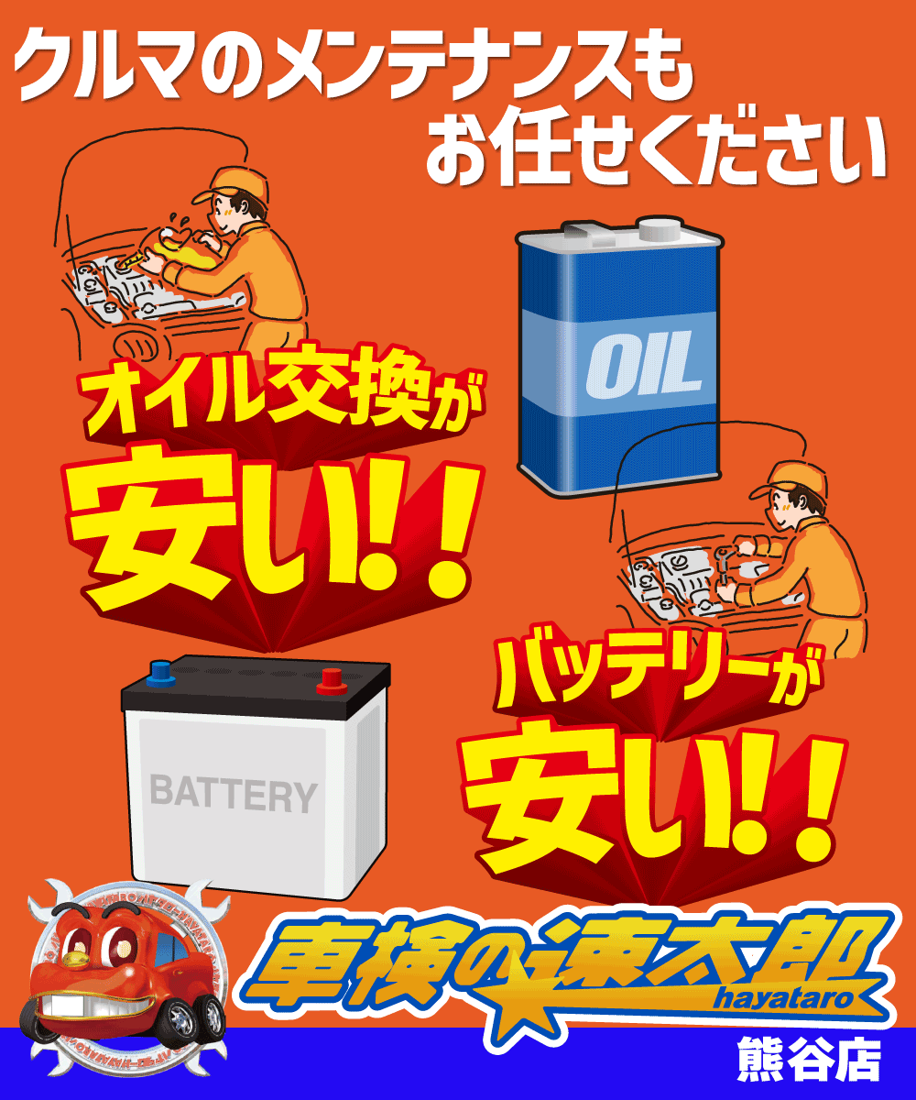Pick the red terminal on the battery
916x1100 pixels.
pos(329,680)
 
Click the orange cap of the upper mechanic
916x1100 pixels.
pos(240,181)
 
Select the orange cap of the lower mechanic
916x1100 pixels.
pos(780,479)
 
